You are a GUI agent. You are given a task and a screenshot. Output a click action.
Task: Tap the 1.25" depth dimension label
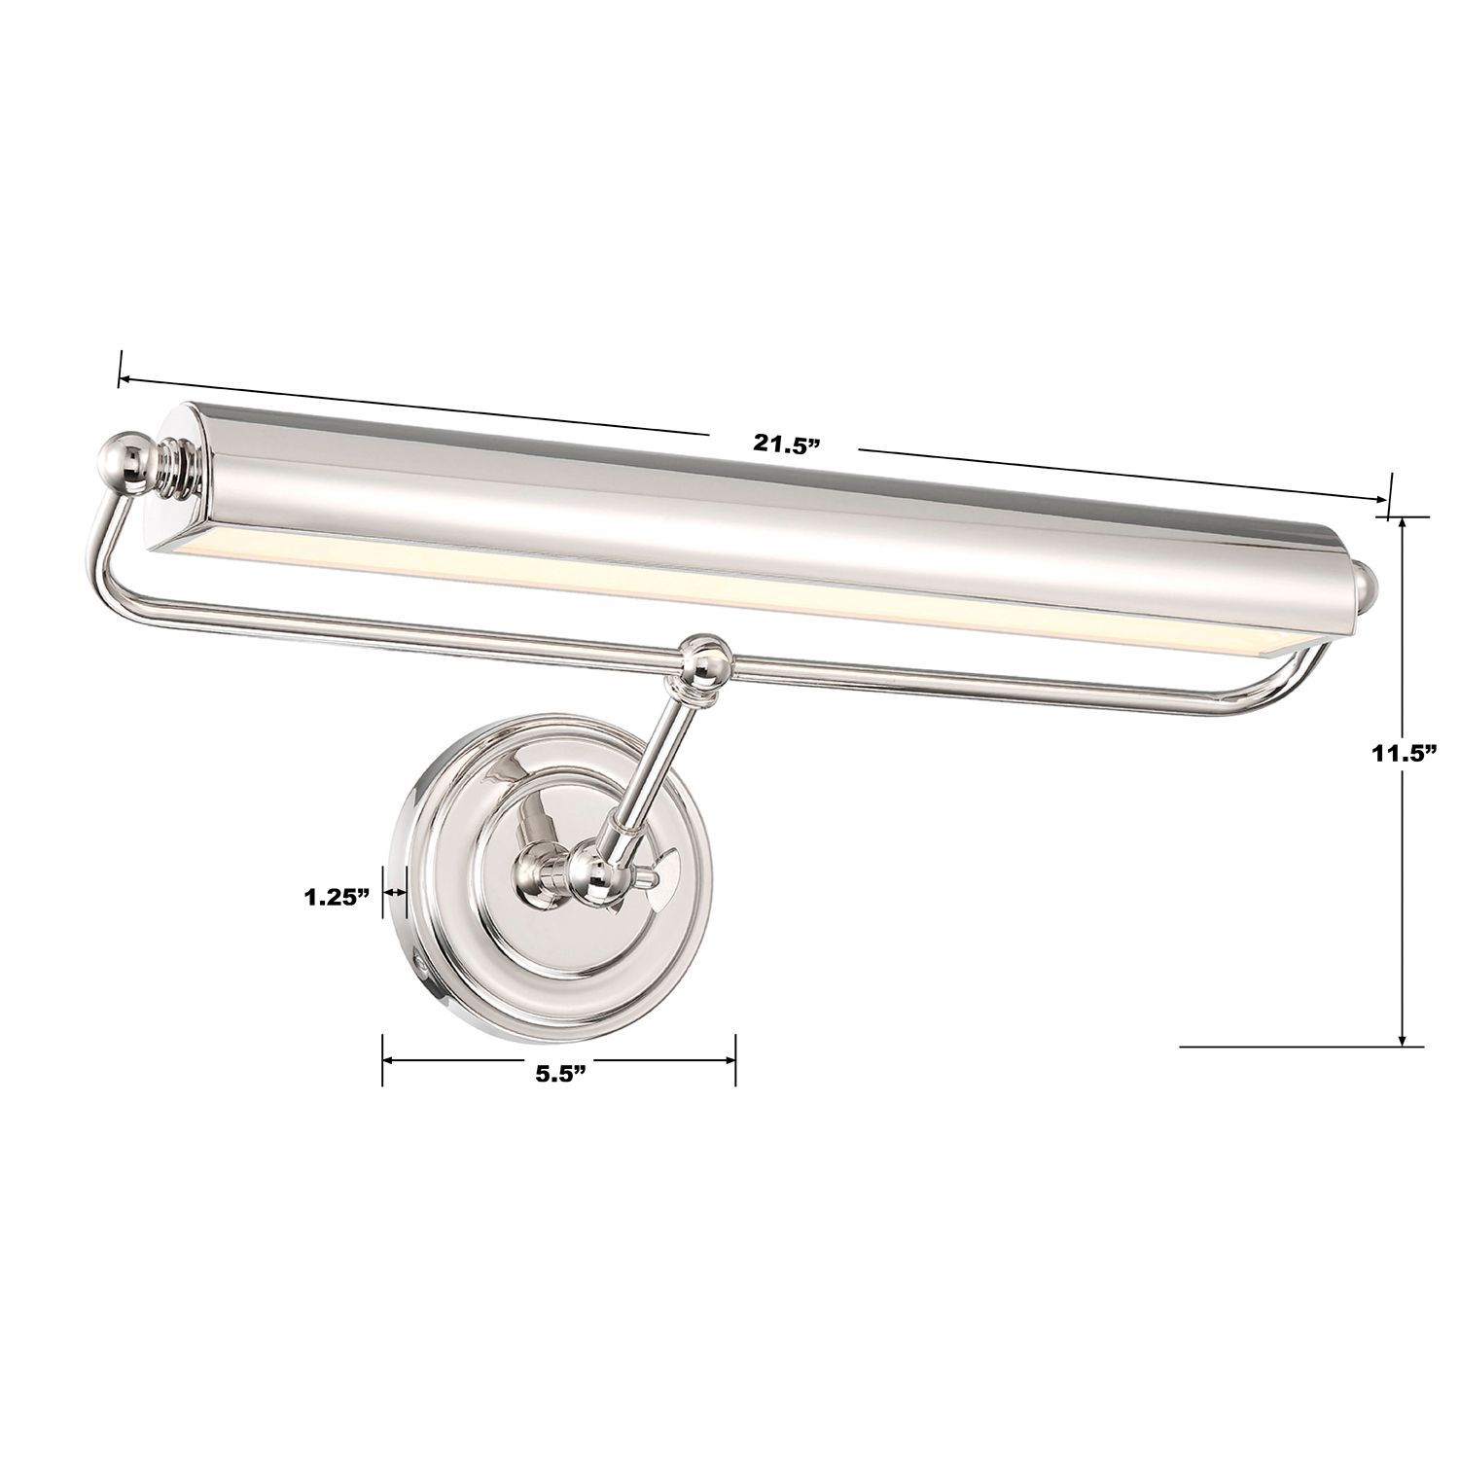point(335,896)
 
